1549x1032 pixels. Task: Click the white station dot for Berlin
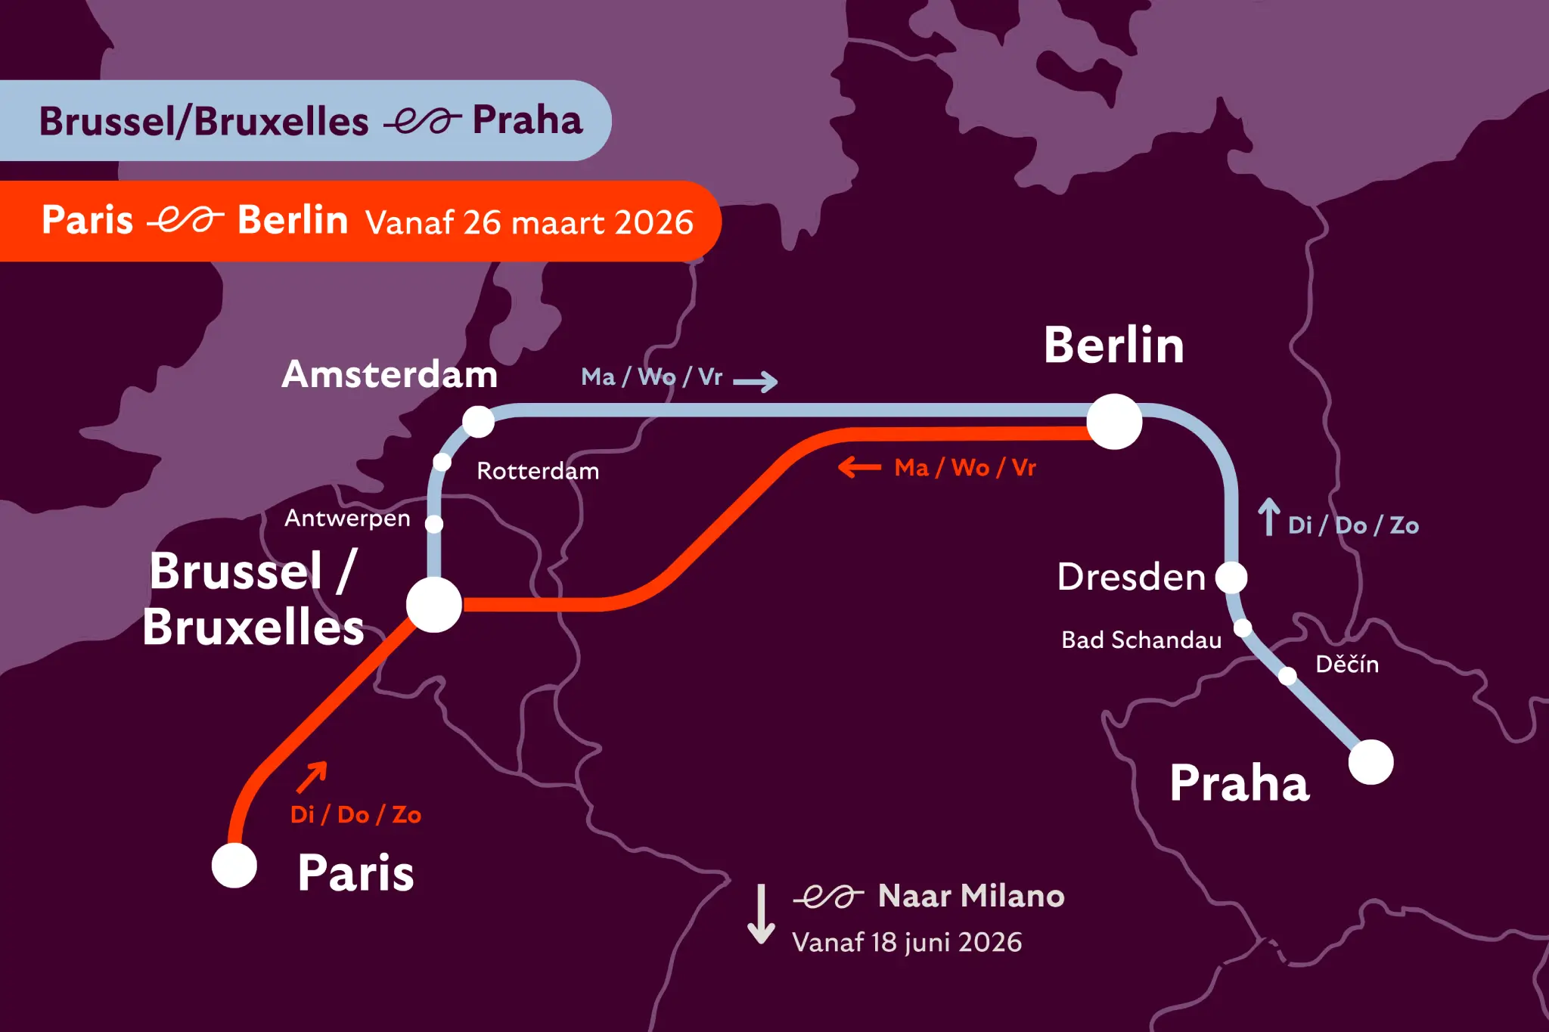coord(1114,421)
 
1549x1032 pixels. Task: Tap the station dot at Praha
coord(1371,762)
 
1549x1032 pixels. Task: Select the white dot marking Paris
coord(234,866)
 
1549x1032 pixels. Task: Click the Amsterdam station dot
coord(478,421)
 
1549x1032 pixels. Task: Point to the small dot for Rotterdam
coord(442,462)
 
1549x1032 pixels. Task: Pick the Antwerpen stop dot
coord(434,523)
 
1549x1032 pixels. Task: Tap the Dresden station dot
coord(1231,578)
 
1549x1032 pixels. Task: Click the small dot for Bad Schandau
coord(1243,628)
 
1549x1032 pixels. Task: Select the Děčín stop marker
coord(1287,675)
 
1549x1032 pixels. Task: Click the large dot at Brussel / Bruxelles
coord(434,605)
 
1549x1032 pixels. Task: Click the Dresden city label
coord(1131,577)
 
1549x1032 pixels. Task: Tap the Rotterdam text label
coord(538,471)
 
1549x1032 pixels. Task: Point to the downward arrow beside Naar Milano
coord(761,914)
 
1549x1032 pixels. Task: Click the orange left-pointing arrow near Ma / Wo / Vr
coord(860,467)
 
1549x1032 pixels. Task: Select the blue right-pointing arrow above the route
coord(756,381)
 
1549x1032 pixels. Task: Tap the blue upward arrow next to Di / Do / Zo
coord(1269,517)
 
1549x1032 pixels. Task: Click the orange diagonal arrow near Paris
coord(312,777)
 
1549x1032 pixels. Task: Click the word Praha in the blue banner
coord(527,120)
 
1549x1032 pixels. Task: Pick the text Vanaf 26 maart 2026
coord(529,222)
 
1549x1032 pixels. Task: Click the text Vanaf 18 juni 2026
coord(907,942)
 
